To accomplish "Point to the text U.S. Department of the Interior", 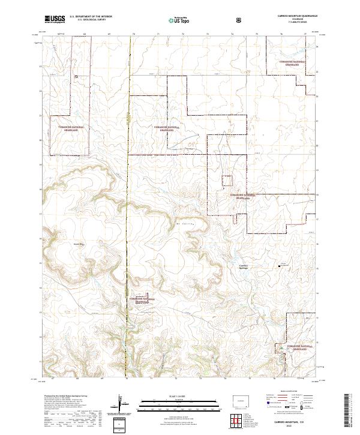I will tap(90, 17).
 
